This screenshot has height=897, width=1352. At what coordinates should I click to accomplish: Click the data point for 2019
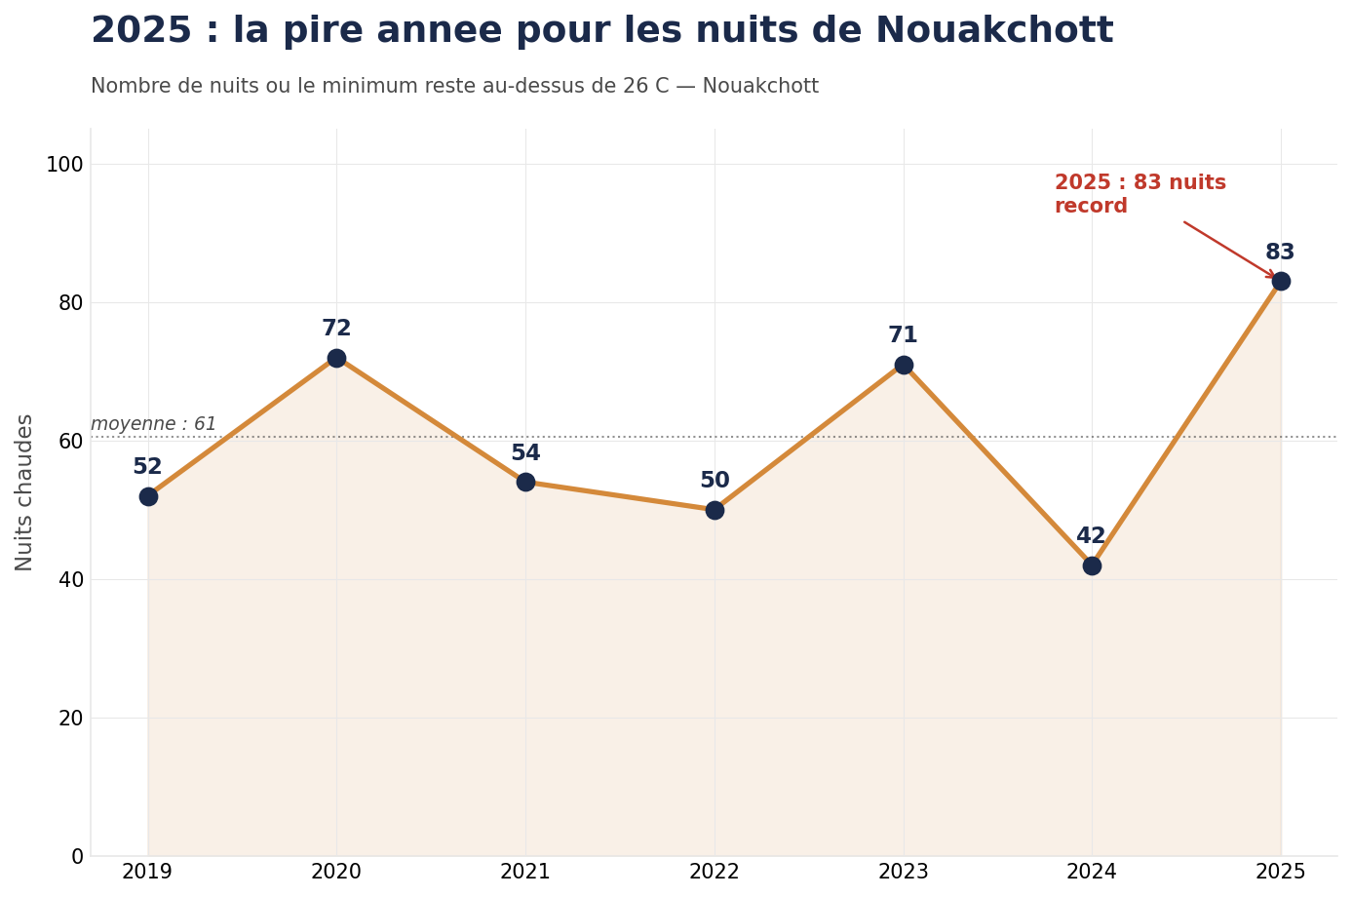(x=148, y=496)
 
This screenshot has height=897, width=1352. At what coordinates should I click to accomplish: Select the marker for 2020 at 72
(x=336, y=358)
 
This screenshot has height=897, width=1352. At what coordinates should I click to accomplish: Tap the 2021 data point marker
(x=525, y=482)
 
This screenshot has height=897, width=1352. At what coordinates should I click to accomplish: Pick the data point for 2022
(x=715, y=510)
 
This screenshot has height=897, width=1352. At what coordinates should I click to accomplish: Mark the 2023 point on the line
(x=904, y=365)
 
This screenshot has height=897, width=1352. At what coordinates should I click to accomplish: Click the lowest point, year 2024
(x=1092, y=565)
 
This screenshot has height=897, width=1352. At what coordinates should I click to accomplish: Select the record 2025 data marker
(x=1281, y=281)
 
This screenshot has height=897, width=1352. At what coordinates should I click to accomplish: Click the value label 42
(x=1091, y=536)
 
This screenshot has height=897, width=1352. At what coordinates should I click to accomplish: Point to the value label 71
(x=903, y=335)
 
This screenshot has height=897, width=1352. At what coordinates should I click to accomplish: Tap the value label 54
(x=525, y=453)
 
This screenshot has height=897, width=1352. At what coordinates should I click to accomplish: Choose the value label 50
(x=715, y=481)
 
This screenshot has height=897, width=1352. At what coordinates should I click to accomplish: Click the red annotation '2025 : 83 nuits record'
(x=1140, y=195)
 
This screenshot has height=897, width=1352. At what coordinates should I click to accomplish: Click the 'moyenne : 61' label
(x=153, y=424)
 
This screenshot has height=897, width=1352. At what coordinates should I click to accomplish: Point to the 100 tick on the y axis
(x=64, y=165)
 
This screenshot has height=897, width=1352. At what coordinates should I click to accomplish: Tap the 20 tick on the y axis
(x=70, y=719)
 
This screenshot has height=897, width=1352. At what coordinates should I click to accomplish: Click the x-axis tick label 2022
(x=715, y=872)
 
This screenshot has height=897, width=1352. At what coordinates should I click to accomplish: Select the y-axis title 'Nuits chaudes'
(x=25, y=492)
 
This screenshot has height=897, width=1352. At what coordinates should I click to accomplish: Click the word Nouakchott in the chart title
(x=993, y=31)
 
